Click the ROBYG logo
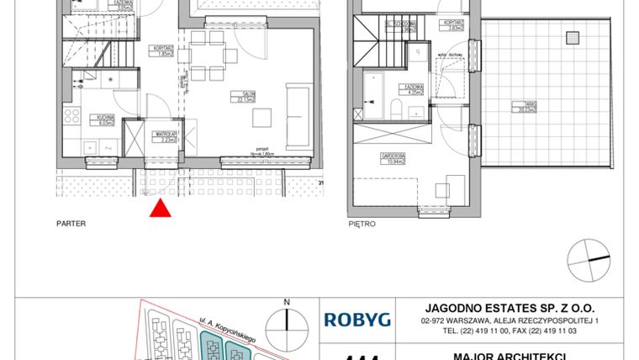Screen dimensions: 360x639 357,319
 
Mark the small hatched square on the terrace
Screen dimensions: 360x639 573,37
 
